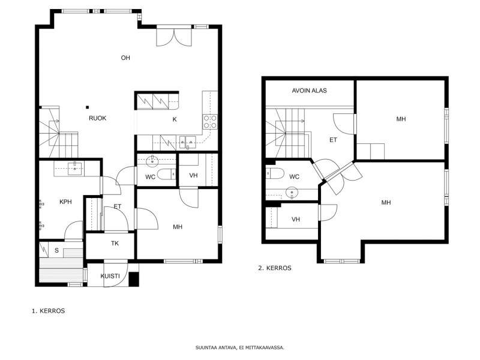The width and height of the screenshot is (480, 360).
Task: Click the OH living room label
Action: [x=125, y=58]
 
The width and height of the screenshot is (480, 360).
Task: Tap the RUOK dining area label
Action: [x=98, y=118]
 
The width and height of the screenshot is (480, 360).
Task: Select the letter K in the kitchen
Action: [x=175, y=119]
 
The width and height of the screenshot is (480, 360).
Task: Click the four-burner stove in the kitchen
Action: [x=210, y=122]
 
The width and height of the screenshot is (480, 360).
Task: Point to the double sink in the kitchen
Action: [x=188, y=142]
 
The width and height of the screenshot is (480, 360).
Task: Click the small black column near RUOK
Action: [x=87, y=107]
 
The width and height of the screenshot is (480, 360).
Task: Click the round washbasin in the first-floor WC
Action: [x=152, y=161]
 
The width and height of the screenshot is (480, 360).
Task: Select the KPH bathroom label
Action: [x=65, y=202]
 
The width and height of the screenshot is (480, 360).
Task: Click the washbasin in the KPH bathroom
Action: [x=75, y=169]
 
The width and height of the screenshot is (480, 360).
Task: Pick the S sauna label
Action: [x=56, y=250]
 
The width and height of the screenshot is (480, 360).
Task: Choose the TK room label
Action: [x=115, y=244]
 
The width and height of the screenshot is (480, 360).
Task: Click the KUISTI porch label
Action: [x=110, y=276]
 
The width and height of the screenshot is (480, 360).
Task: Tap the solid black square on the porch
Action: [x=133, y=279]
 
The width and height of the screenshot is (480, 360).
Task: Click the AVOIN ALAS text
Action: [x=309, y=91]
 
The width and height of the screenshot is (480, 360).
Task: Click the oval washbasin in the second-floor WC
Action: [x=292, y=193]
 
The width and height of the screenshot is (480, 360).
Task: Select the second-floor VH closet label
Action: [x=296, y=220]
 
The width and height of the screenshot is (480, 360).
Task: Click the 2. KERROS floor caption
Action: [x=275, y=268]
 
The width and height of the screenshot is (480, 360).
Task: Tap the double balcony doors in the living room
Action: [x=174, y=37]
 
